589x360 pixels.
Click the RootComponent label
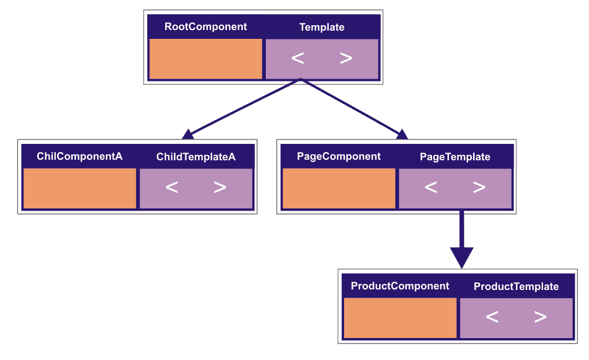(x=206, y=27)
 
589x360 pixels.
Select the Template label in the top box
(x=322, y=27)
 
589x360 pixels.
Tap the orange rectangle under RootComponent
(x=206, y=59)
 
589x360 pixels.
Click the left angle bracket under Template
(x=298, y=58)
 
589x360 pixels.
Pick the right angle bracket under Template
(x=346, y=58)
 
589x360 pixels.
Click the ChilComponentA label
(x=80, y=156)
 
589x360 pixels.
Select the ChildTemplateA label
(x=196, y=157)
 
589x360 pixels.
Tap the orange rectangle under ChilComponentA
(x=80, y=188)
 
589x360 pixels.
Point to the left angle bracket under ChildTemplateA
(x=172, y=188)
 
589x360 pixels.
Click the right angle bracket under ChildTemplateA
(x=220, y=188)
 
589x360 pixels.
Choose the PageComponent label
(x=339, y=156)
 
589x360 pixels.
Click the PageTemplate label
(x=455, y=157)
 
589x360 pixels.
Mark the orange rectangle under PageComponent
(x=339, y=188)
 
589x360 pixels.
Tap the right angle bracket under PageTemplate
(x=479, y=188)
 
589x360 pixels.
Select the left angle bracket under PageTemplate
(x=431, y=188)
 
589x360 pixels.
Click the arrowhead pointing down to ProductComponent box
(x=461, y=257)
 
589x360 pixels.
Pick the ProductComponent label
(x=400, y=286)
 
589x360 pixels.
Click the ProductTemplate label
(x=516, y=287)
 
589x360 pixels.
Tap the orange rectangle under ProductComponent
(x=400, y=318)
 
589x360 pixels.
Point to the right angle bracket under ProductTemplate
(x=540, y=317)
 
